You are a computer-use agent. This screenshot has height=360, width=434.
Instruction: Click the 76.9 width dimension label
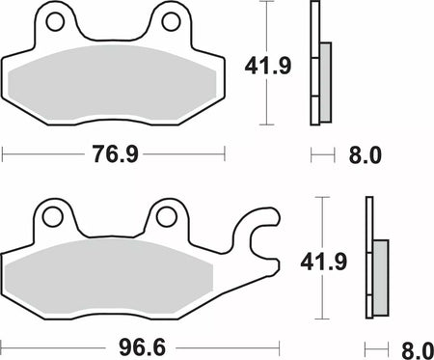116,153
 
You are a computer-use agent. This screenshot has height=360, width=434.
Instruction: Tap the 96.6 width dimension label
142,347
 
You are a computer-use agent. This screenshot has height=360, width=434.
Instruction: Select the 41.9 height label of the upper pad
268,66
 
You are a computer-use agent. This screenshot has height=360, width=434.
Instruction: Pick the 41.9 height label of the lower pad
324,262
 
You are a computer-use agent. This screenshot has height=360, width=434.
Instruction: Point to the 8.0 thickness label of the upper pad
365,155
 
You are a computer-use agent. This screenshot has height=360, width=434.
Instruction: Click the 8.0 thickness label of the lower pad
418,350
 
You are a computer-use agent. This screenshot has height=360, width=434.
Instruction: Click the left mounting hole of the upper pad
55,22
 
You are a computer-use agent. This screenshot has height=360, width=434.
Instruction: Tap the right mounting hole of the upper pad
171,22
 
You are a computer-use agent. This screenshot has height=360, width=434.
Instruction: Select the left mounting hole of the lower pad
52,217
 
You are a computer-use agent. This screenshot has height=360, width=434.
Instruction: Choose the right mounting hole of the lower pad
166,216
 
